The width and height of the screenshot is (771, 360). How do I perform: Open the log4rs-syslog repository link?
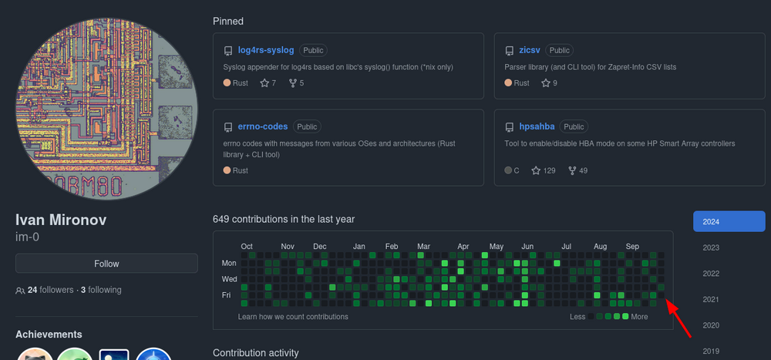265,50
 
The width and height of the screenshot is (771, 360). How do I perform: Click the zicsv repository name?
530,50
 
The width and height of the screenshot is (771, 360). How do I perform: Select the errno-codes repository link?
263,126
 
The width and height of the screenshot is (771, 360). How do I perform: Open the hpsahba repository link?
537,126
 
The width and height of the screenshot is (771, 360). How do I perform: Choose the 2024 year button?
729,221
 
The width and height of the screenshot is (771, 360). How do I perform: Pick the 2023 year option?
711,247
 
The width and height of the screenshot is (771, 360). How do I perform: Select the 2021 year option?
711,300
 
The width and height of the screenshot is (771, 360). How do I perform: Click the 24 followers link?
50,290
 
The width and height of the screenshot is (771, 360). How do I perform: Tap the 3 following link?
101,290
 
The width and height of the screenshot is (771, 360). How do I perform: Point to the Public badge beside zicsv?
559,50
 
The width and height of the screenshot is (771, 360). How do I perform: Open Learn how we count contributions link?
293,317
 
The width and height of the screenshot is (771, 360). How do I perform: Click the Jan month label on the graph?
359,247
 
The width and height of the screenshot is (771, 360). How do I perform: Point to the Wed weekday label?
230,279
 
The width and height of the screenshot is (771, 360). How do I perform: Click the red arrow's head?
667,301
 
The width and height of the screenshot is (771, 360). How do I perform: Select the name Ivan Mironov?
61,220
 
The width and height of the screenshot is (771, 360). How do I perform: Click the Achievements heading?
49,335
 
